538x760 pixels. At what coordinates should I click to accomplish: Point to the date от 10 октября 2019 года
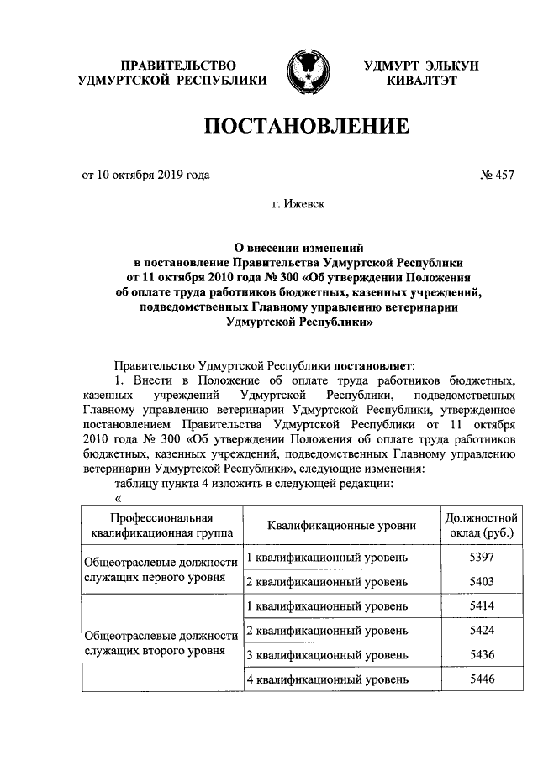tap(145, 175)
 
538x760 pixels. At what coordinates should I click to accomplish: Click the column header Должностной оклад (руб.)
tap(479, 526)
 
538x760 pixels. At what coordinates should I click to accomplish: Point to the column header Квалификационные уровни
tap(341, 526)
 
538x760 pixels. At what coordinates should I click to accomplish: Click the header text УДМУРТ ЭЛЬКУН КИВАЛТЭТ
tap(421, 73)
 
